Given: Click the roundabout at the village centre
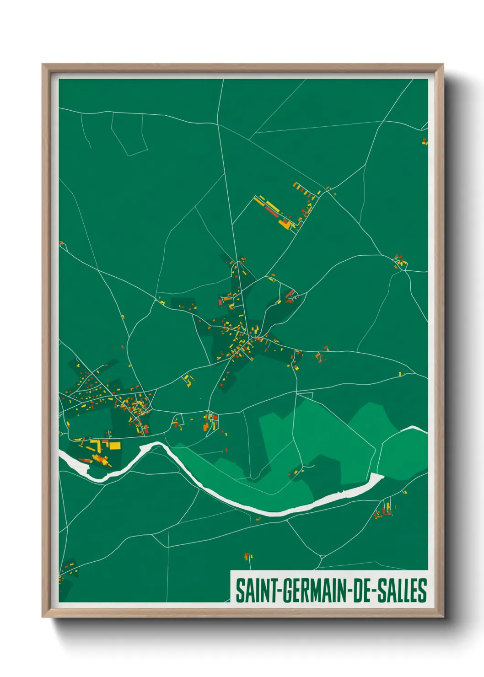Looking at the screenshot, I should point(250,338).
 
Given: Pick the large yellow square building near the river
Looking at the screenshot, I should point(114,445).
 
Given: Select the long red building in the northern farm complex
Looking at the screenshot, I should point(270,211).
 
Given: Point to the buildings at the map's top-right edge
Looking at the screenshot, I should point(425,141).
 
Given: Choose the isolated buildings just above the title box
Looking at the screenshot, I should point(248,557).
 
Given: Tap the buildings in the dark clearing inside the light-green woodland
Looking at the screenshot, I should point(296,471).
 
